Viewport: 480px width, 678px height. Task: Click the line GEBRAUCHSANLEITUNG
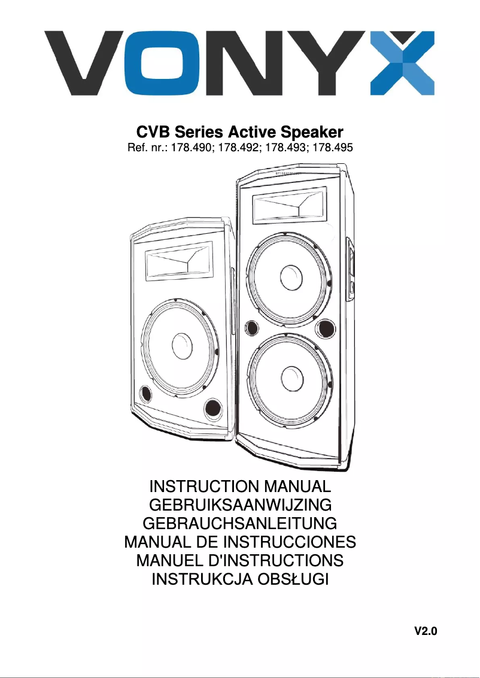pyautogui.click(x=239, y=524)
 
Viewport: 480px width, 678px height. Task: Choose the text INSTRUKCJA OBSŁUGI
pyautogui.click(x=239, y=579)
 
